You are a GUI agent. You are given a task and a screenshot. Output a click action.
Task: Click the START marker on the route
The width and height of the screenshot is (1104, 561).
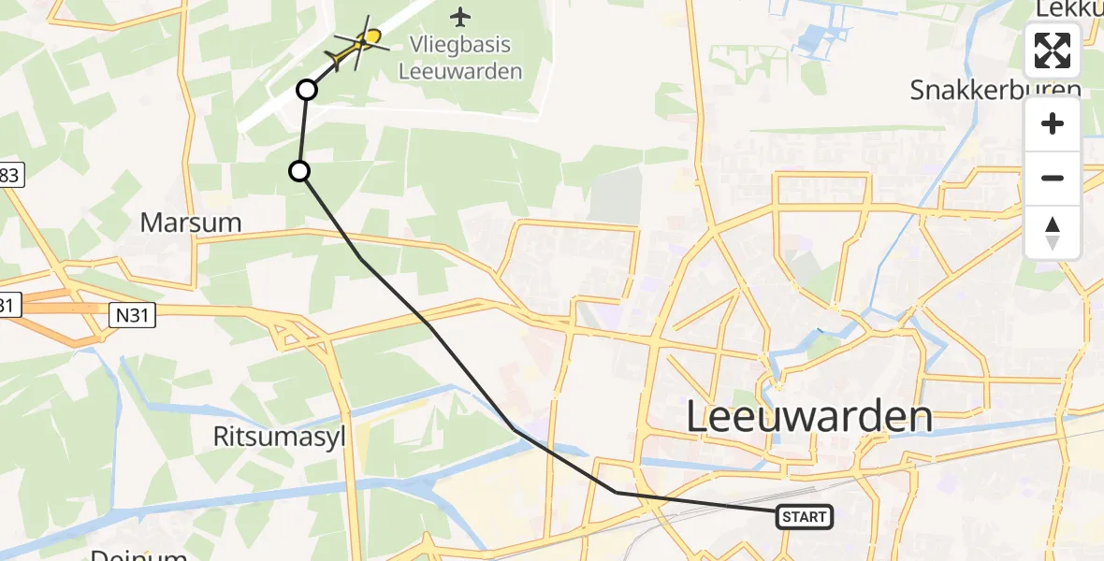tap(805, 517)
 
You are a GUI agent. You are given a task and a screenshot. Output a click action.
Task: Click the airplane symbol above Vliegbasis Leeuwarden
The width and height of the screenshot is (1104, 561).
tap(460, 16)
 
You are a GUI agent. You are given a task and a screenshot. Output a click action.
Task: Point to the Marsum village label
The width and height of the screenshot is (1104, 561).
tap(191, 223)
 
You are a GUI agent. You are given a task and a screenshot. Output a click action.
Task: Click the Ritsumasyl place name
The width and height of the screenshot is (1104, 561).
tap(279, 437)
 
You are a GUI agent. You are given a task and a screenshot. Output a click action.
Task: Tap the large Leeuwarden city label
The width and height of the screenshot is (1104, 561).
tap(809, 417)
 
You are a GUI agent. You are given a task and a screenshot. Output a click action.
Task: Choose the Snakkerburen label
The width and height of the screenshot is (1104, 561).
tap(995, 90)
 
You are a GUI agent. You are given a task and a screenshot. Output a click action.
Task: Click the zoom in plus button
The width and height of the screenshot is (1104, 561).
tap(1053, 123)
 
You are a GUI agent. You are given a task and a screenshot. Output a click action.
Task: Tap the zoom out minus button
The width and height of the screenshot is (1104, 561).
tap(1053, 178)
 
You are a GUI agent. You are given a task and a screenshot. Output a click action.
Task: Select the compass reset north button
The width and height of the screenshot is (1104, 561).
tap(1053, 232)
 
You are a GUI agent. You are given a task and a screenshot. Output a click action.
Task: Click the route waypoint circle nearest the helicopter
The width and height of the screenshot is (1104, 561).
tap(306, 90)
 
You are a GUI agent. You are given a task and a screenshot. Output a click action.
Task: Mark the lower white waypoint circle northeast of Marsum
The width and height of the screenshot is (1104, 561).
tap(298, 170)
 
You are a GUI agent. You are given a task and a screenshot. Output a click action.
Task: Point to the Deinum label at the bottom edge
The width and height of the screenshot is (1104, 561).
tap(138, 554)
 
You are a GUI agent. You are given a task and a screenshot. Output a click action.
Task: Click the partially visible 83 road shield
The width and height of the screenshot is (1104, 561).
tap(10, 174)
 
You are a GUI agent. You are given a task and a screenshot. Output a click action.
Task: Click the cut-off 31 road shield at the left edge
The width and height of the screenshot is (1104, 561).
tap(8, 305)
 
